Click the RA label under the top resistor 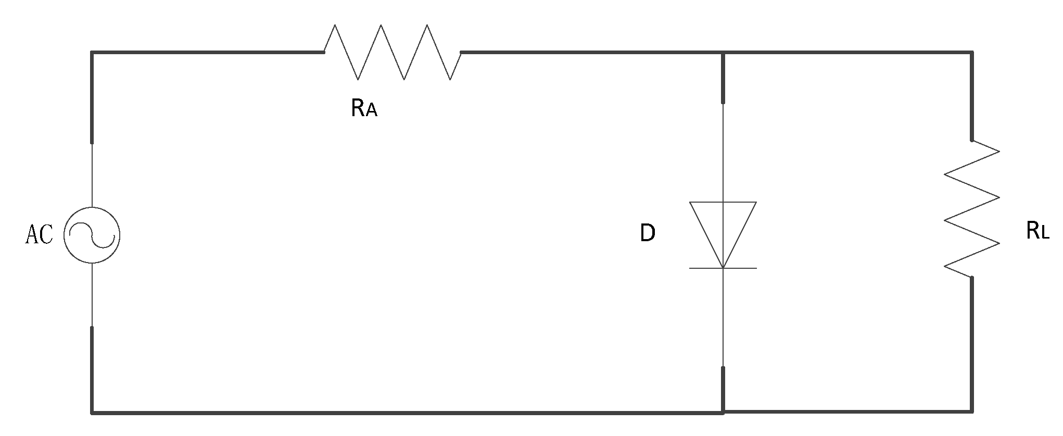[364, 108]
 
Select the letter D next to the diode [648, 234]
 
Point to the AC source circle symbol [92, 235]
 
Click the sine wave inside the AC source [92, 235]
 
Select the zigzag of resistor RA [393, 52]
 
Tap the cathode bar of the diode [723, 268]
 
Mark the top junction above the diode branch [723, 53]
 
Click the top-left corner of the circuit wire [92, 53]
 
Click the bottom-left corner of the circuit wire [92, 413]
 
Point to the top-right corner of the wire [972, 53]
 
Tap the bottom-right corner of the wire [972, 412]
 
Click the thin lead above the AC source [92, 175]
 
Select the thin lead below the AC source [92, 294]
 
